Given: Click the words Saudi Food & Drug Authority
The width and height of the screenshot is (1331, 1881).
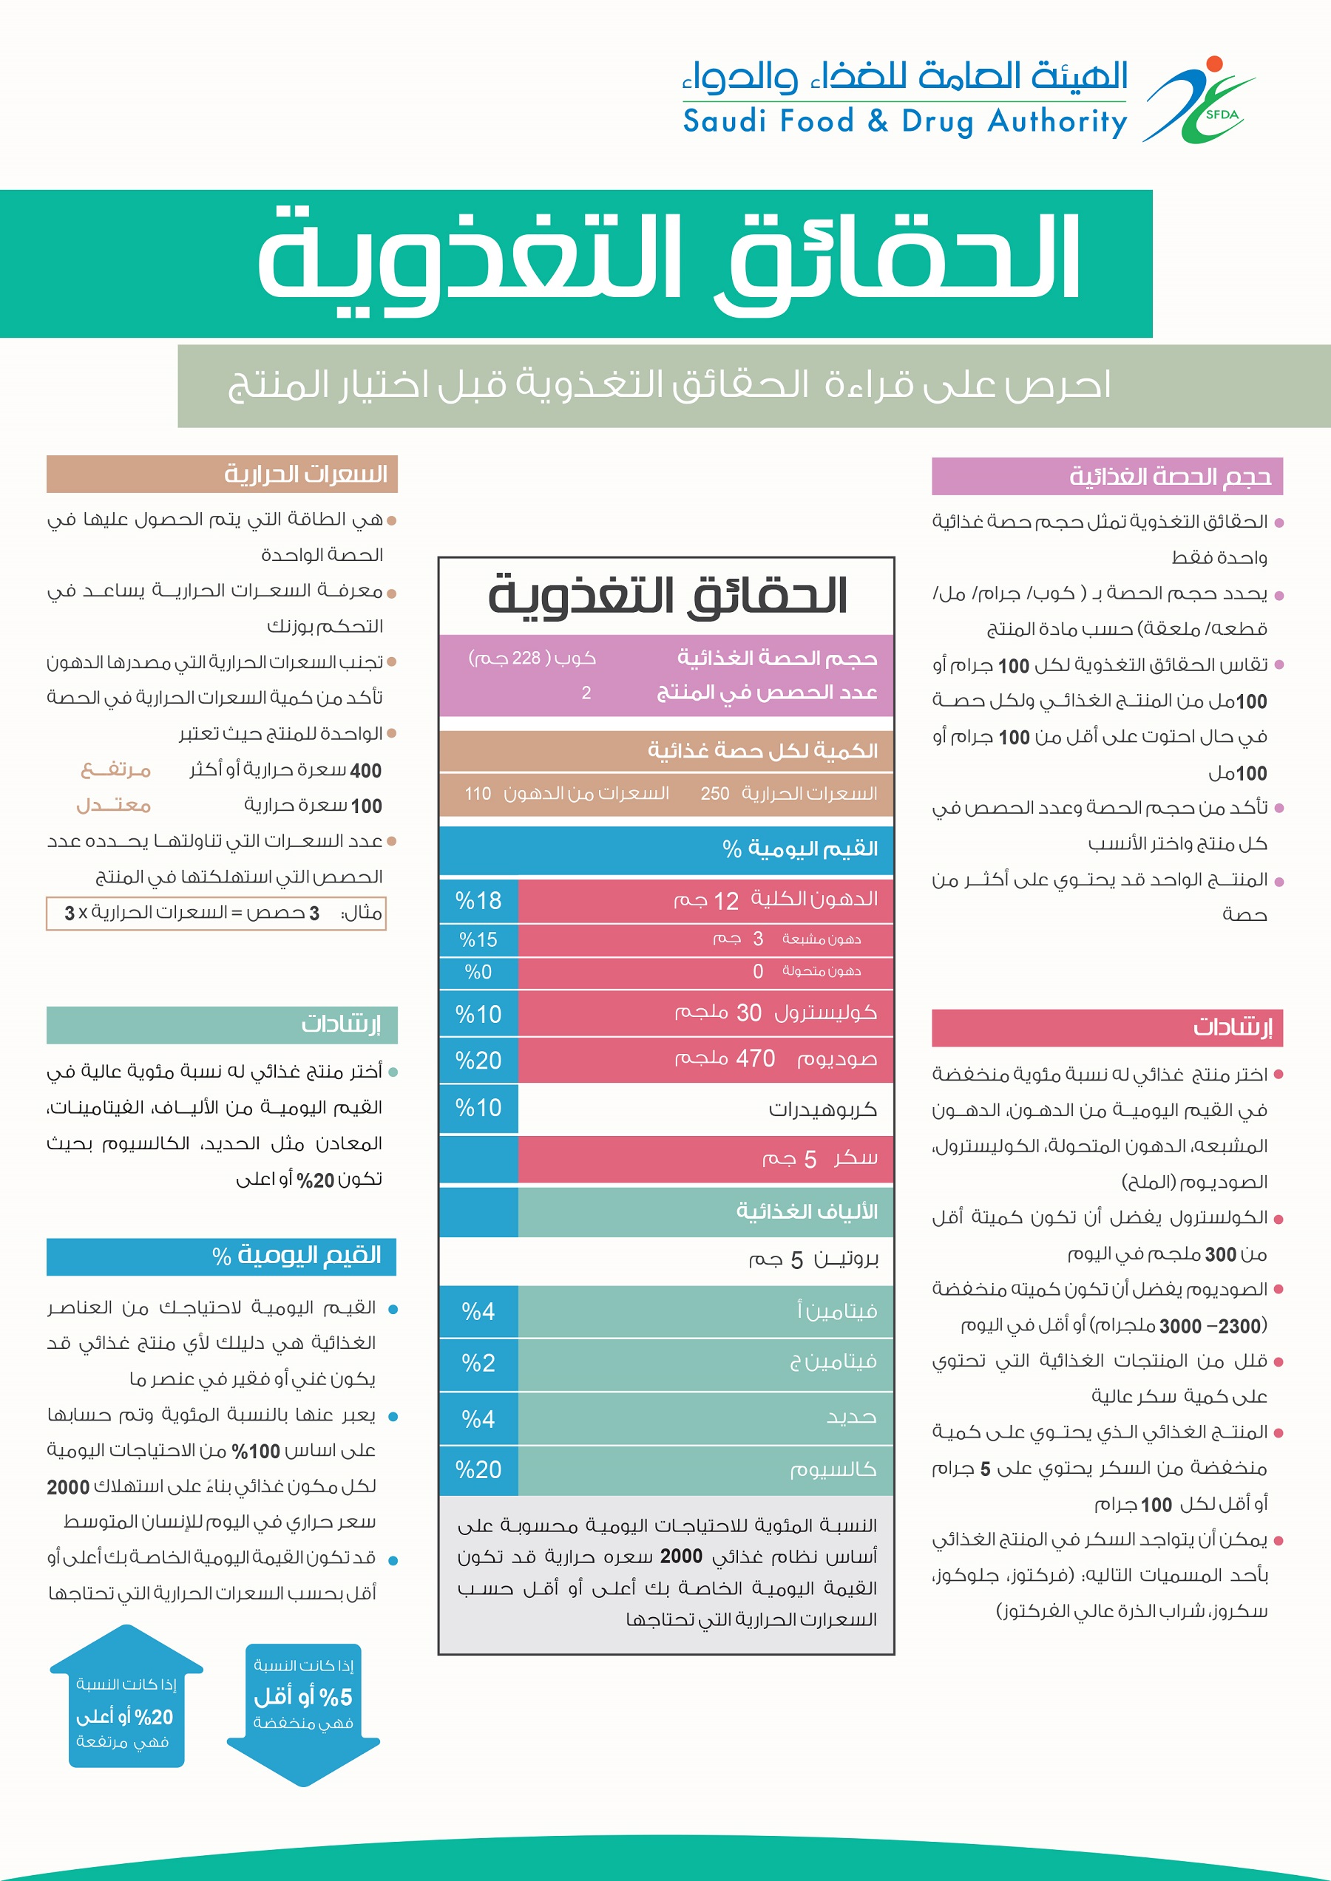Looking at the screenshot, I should coord(905,121).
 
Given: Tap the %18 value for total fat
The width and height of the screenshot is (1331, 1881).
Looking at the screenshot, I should coord(478,900).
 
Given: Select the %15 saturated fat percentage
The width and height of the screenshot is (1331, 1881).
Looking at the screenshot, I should coord(478,939).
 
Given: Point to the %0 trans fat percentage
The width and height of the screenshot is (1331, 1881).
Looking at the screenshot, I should coord(478,973).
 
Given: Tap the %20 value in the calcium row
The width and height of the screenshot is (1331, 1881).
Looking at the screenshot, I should coord(478,1470).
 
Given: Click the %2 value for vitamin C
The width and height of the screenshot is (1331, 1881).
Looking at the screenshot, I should coord(478,1363).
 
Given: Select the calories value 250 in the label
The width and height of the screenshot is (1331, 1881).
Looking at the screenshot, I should coord(715,793).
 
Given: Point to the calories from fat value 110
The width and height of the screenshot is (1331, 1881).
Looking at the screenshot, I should coord(478,793).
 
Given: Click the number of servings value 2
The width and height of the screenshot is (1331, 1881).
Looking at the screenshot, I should coord(586,693).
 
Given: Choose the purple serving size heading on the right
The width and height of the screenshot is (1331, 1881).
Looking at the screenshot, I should coord(1106,476).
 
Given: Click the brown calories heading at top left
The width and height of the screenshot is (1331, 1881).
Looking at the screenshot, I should coord(221,474).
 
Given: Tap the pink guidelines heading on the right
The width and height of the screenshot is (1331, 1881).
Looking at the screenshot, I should coord(1106,1027).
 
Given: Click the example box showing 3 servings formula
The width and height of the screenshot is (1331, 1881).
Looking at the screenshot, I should coord(216,914).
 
